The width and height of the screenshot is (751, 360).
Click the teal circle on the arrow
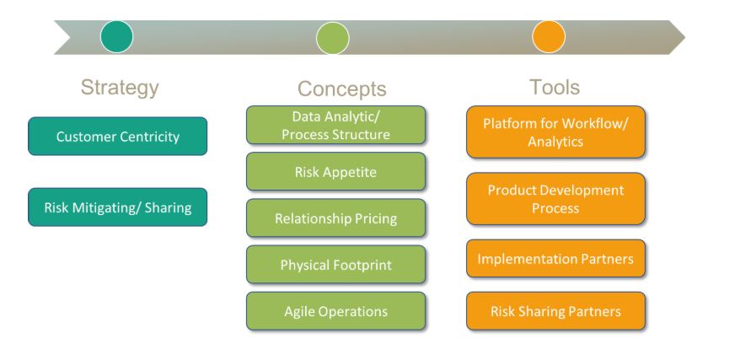pos(116,37)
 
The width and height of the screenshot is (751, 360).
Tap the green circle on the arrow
pos(332,38)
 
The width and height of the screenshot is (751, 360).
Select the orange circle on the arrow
pos(548,37)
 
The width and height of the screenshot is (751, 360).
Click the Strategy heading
pos(120,87)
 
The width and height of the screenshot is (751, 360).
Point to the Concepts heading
pos(341,89)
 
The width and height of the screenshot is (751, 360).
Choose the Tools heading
pos(555,87)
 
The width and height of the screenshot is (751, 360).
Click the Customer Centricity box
pos(117,136)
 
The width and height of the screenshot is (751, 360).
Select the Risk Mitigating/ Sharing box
pos(117,207)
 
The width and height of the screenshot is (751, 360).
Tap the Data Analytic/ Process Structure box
pos(335,125)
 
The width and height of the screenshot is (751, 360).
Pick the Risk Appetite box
pos(335,171)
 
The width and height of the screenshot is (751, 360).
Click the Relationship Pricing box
pos(335,218)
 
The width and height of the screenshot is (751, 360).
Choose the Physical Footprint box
pos(335,265)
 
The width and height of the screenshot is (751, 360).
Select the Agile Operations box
pos(335,311)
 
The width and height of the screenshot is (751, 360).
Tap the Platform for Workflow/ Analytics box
pos(555,132)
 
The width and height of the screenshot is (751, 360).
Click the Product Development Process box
pos(555,199)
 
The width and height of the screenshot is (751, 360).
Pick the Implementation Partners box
pos(555,259)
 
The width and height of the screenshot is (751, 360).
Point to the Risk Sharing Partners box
pos(555,311)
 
